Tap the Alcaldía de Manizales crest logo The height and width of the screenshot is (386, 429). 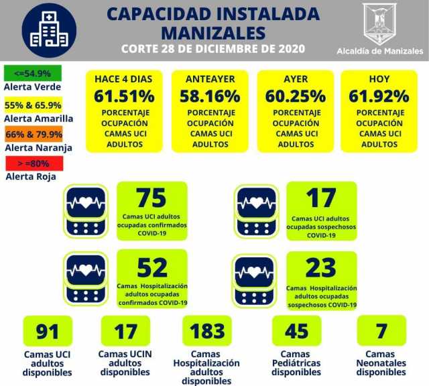tap(379, 24)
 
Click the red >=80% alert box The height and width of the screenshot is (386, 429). tap(33, 164)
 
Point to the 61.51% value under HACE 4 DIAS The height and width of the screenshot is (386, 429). tap(123, 96)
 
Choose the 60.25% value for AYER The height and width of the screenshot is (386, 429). tap(295, 96)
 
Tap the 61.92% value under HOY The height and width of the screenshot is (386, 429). tap(379, 96)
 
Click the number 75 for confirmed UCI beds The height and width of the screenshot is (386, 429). tap(151, 198)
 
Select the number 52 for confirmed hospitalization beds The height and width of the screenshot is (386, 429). tap(151, 267)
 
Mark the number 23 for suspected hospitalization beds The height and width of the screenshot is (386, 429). tap(321, 269)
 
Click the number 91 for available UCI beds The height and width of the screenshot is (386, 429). tap(48, 332)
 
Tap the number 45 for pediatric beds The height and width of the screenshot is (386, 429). tap(296, 332)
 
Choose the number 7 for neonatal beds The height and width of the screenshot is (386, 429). tap(381, 332)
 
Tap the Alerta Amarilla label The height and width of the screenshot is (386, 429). tap(38, 119)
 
